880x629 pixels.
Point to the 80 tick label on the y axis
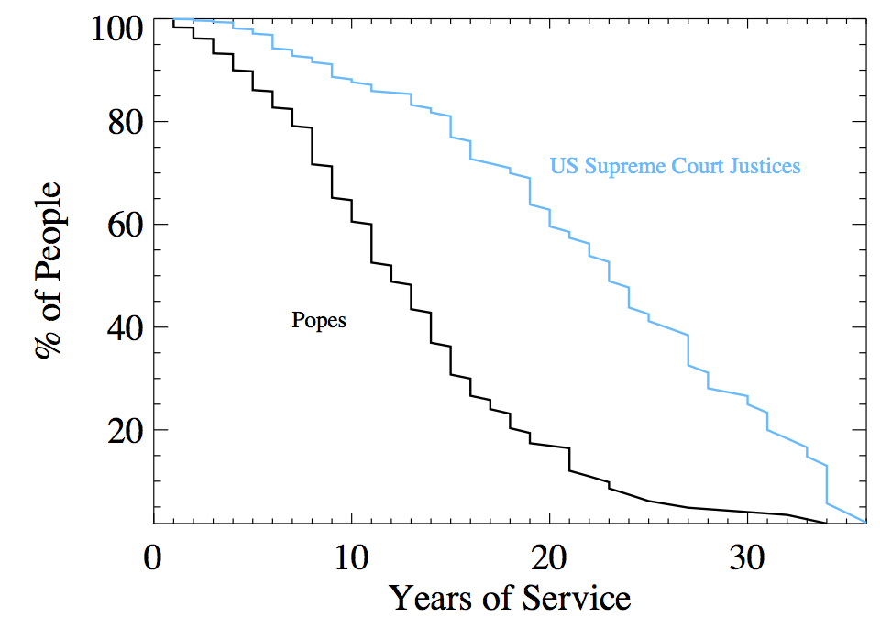click(x=123, y=122)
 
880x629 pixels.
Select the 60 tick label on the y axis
click(x=123, y=225)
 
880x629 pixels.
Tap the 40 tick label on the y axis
click(x=123, y=327)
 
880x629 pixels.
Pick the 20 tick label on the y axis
click(x=123, y=430)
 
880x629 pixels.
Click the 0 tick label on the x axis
click(x=153, y=557)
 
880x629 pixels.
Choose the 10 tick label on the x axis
click(x=351, y=557)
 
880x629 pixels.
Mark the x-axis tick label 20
click(x=549, y=557)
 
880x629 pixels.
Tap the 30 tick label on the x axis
click(x=747, y=557)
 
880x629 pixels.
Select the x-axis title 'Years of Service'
click(x=510, y=599)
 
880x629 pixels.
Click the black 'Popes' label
click(x=319, y=321)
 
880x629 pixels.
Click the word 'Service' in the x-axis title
click(x=577, y=599)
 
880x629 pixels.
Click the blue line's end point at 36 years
click(x=865, y=522)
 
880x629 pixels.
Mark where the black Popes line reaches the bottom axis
click(x=826, y=523)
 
